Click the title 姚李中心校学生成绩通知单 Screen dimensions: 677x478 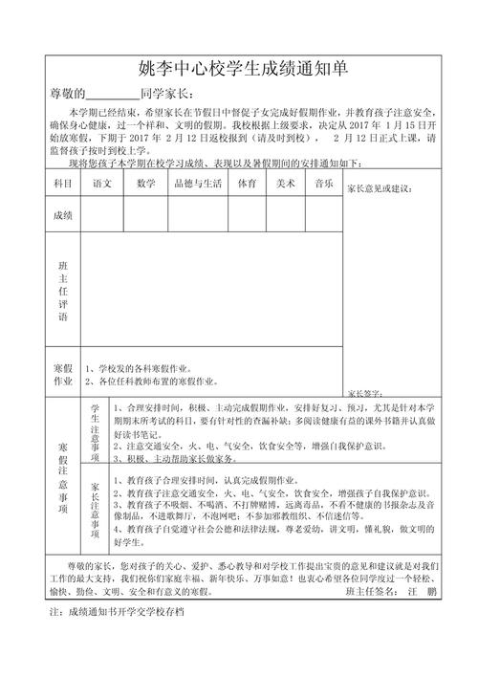click(239, 70)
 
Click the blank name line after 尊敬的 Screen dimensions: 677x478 click(113, 95)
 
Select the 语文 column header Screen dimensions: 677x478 click(101, 183)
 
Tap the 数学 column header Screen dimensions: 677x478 click(146, 183)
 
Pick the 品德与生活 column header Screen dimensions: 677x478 click(199, 183)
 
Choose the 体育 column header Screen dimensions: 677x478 click(247, 183)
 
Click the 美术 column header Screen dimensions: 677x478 click(284, 183)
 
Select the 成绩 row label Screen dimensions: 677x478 click(63, 215)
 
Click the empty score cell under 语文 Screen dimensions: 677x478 click(101, 215)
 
